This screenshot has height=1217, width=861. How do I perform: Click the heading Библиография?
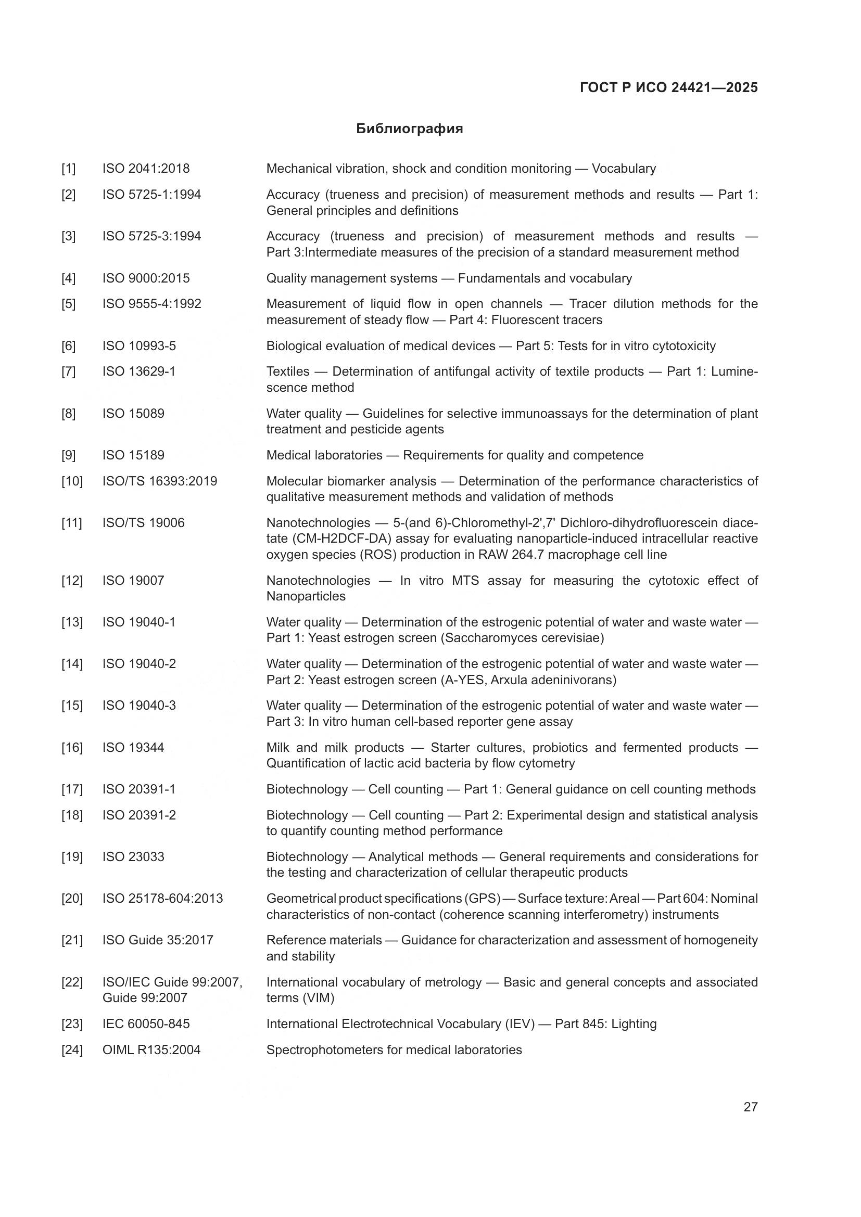tap(409, 129)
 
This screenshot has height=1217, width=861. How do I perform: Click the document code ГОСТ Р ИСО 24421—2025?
tap(668, 88)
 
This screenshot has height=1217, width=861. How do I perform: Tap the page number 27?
tap(750, 1107)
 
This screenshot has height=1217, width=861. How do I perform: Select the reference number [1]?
tap(68, 169)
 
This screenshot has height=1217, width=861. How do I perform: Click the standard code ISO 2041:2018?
tap(146, 169)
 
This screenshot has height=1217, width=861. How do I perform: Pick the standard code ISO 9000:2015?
tap(146, 278)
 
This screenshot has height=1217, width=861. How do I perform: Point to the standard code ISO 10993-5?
tap(139, 346)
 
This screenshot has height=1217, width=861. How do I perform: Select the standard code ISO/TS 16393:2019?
tap(160, 481)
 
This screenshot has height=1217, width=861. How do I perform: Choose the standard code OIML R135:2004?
tap(151, 1050)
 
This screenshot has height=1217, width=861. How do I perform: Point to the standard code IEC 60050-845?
tap(146, 1024)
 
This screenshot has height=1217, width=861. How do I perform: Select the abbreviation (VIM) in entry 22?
tap(318, 998)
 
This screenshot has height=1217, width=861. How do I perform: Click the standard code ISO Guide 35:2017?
tap(157, 940)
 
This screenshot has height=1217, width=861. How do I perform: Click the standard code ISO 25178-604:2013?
tap(162, 899)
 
